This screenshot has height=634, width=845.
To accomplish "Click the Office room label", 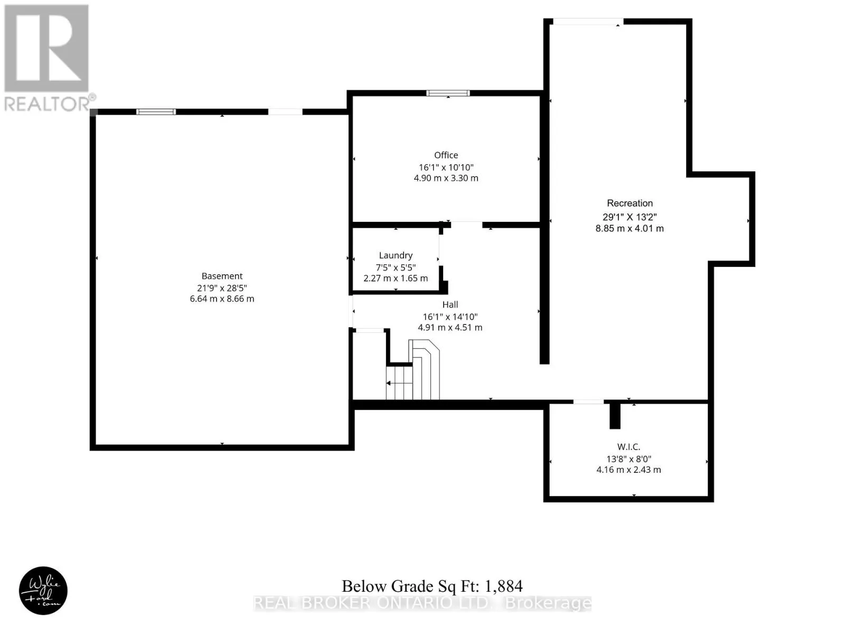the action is pos(446,155).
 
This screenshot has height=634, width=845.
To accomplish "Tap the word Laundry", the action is pos(396,256).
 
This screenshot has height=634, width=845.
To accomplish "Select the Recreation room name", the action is pos(630,203).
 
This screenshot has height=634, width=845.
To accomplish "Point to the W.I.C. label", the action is pos(628,447).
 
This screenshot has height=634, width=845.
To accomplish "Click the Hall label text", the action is pos(450,304).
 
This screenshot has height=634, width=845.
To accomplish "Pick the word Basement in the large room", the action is pos(222,276).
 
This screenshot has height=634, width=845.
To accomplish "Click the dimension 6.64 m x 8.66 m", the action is pos(222,299).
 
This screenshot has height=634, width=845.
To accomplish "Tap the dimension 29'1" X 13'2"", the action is pos(630,217).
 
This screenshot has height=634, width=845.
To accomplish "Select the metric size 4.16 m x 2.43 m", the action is pos(628,470).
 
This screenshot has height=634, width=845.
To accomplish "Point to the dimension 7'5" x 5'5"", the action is pos(396,267).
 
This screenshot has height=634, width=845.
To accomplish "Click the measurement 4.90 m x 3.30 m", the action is pos(446,178).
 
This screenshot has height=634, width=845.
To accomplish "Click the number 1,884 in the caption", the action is pos(503,586).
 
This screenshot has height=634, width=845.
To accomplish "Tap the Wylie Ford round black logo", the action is pos(43,591).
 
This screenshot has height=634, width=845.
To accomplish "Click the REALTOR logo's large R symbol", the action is pos(46,48).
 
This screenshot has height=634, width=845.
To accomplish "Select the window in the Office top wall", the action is pos(448,93).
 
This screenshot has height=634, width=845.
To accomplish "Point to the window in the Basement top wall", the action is pos(156,112).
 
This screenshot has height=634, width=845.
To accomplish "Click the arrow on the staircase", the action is pos(399,383).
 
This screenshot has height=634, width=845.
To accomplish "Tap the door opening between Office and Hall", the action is pos(466,225).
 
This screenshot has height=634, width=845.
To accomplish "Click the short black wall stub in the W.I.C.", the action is pos(615,416).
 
